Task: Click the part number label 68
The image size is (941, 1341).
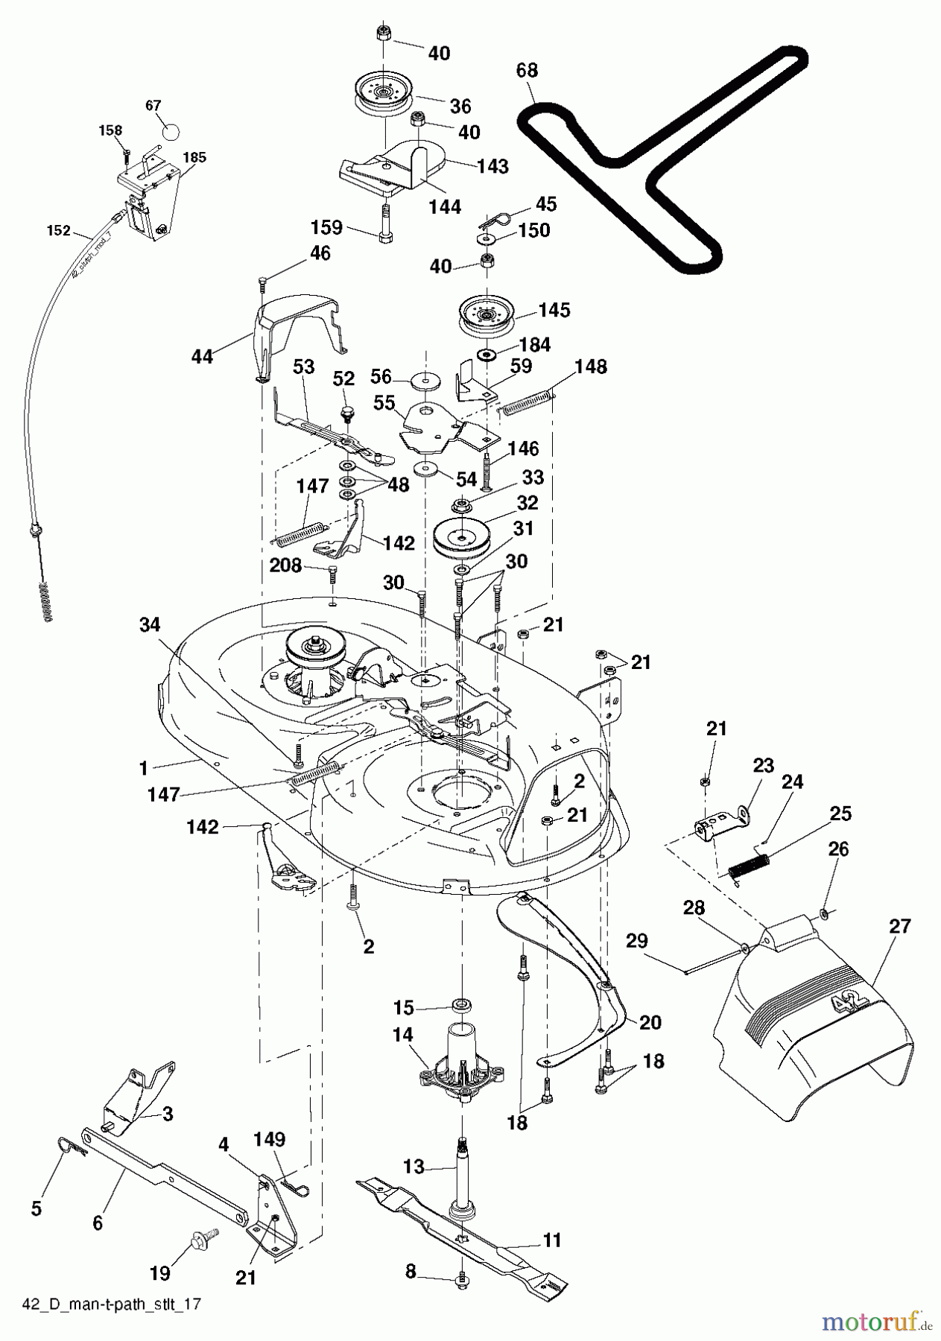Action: pyautogui.click(x=527, y=71)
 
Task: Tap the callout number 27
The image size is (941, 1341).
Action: pyautogui.click(x=900, y=926)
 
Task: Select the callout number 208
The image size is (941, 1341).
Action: pyautogui.click(x=286, y=566)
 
